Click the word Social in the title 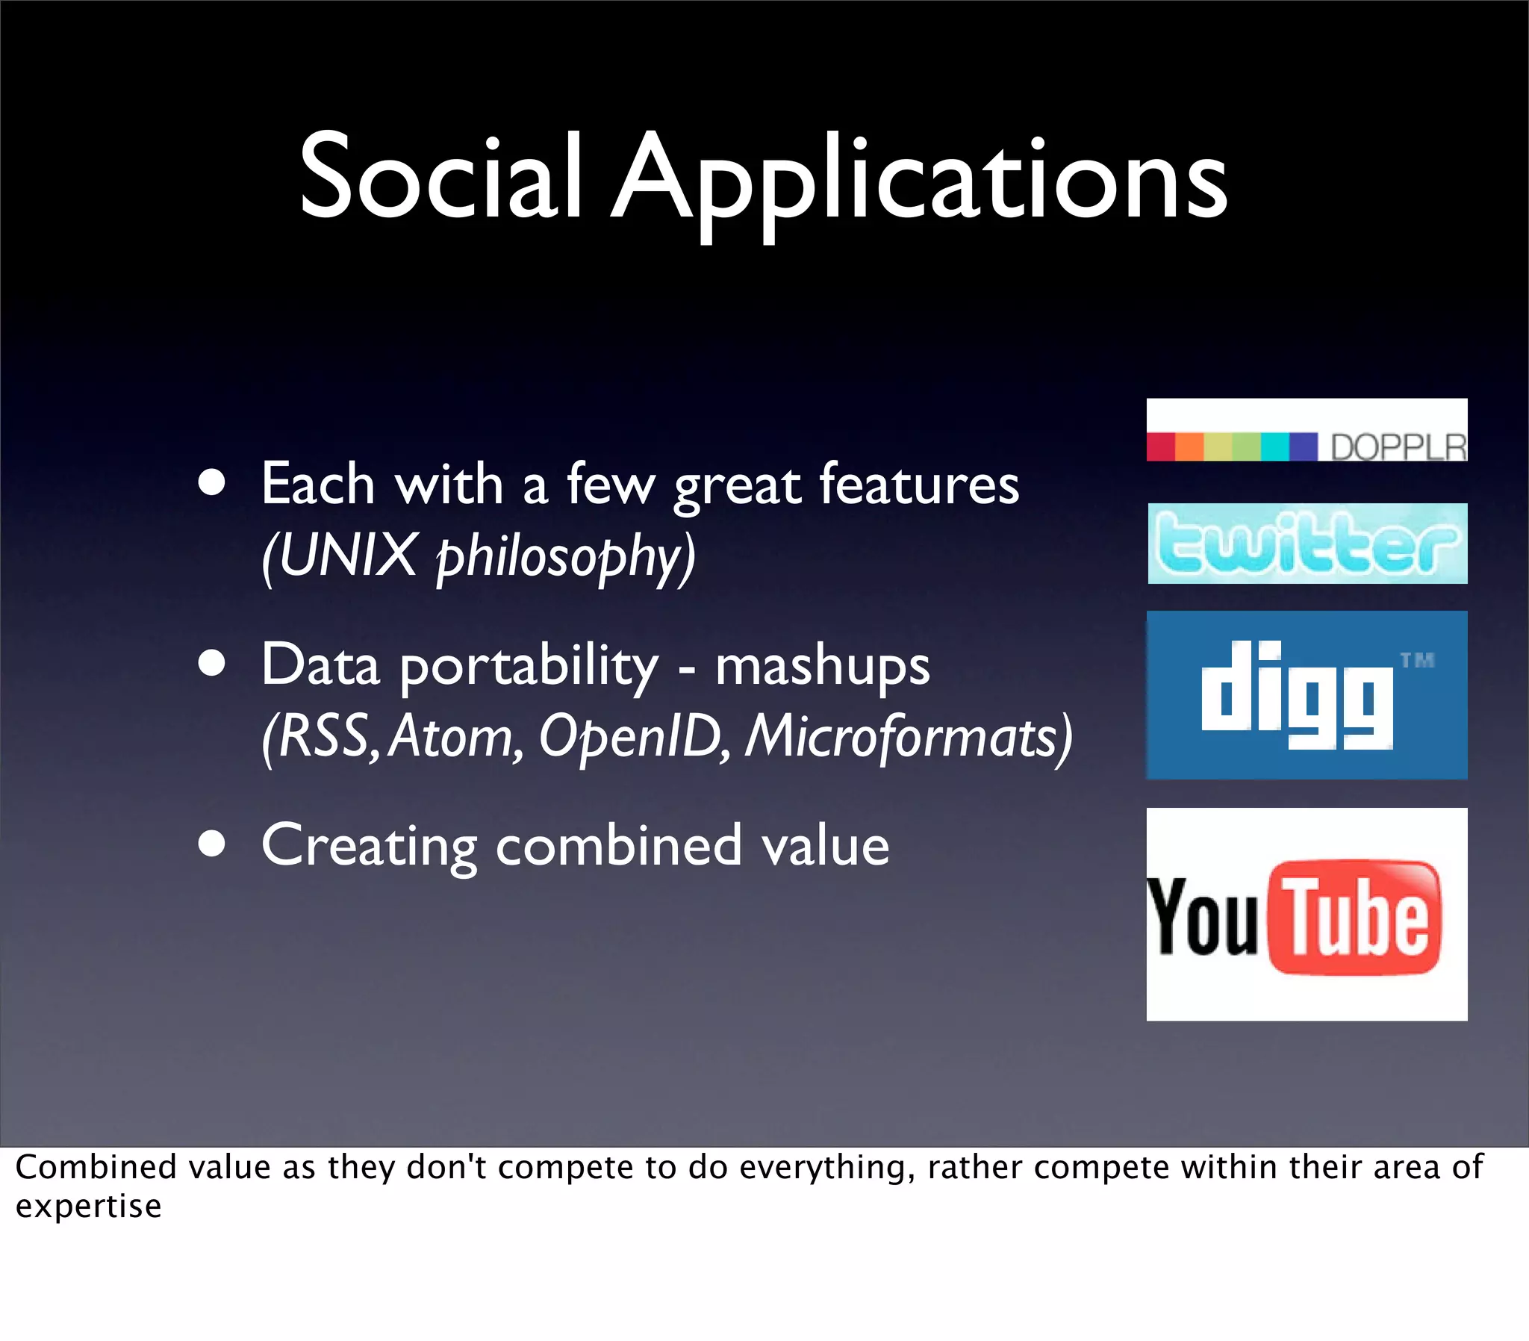coord(440,178)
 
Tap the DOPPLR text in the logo coord(1398,447)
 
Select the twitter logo coord(1307,544)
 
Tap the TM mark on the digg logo coord(1417,660)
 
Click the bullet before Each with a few coord(213,483)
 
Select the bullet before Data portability coord(213,664)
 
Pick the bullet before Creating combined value coord(213,844)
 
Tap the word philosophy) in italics coord(565,558)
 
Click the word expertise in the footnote coord(88,1207)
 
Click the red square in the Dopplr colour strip coord(1160,447)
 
